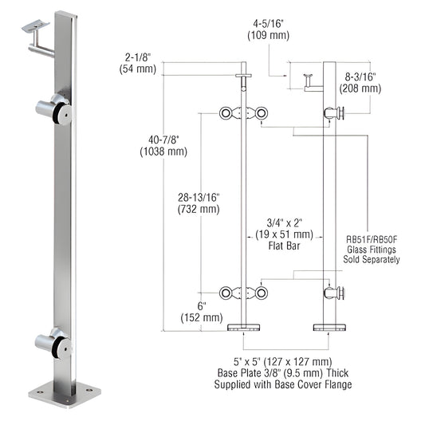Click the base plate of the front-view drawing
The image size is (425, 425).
(x=245, y=327)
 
